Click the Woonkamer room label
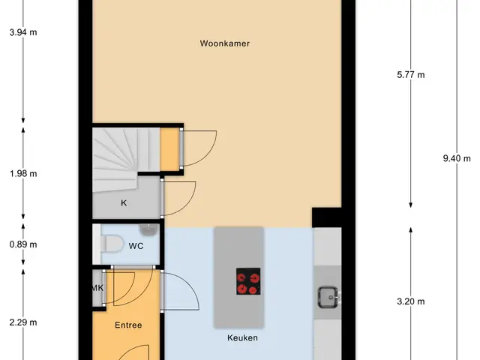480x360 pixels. tap(225, 43)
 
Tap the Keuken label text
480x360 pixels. tap(242, 338)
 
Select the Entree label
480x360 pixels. tap(128, 325)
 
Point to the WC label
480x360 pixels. tap(136, 246)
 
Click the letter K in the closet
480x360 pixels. tap(124, 203)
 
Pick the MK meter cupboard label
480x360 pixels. tap(98, 288)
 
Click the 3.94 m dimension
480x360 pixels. tap(23, 32)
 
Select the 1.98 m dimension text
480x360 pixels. tap(23, 174)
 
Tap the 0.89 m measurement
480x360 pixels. tap(23, 244)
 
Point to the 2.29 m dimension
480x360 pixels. tap(23, 322)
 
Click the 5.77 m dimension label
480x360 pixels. tap(411, 75)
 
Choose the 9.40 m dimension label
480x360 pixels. tap(457, 158)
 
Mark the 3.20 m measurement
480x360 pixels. tap(411, 301)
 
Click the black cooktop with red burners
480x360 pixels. tap(248, 281)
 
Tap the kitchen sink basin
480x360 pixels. tap(328, 297)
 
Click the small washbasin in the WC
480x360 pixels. tap(148, 229)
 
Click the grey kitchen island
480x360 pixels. tap(238, 277)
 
